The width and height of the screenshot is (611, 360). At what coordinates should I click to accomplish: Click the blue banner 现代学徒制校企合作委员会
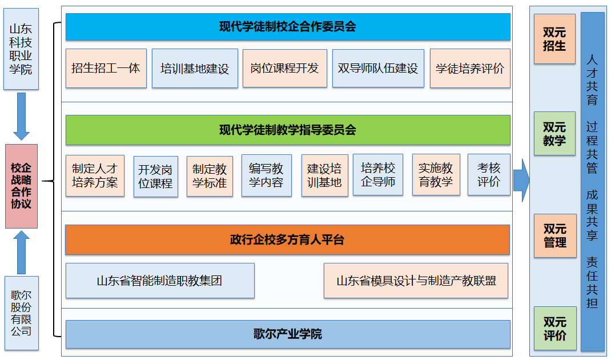(x=288, y=27)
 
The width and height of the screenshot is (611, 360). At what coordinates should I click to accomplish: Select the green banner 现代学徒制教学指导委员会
(x=288, y=130)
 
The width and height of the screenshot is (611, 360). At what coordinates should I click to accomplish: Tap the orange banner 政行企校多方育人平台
(x=288, y=239)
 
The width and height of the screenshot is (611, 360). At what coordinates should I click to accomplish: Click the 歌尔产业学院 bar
(x=288, y=334)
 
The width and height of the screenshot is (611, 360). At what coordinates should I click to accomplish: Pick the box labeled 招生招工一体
(x=106, y=68)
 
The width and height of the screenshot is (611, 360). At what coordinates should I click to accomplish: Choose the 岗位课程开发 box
(x=285, y=68)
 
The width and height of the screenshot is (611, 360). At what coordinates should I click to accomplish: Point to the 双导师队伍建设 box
(x=378, y=68)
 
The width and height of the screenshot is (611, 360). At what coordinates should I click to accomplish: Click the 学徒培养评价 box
(x=470, y=68)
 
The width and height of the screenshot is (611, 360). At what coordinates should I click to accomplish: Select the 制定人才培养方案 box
(x=95, y=175)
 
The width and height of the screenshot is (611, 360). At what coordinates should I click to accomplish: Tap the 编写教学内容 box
(x=267, y=175)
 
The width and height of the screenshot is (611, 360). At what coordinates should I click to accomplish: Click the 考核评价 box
(x=489, y=174)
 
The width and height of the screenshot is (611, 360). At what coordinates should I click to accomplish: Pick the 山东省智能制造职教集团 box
(x=160, y=281)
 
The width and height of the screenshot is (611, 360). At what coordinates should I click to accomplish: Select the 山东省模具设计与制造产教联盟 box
(x=416, y=281)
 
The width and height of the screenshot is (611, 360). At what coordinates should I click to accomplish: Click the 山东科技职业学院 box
(x=21, y=49)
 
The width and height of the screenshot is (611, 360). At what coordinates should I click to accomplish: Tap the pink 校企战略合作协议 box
(x=22, y=186)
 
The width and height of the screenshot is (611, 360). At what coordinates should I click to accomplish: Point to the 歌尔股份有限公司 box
(x=22, y=313)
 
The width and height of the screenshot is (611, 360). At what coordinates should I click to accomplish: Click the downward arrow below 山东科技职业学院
(x=22, y=116)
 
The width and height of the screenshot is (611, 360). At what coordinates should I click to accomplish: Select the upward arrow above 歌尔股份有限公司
(x=22, y=252)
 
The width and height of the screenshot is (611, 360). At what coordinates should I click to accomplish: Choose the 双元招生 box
(x=554, y=39)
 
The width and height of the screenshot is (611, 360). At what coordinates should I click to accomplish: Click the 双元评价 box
(x=555, y=329)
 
